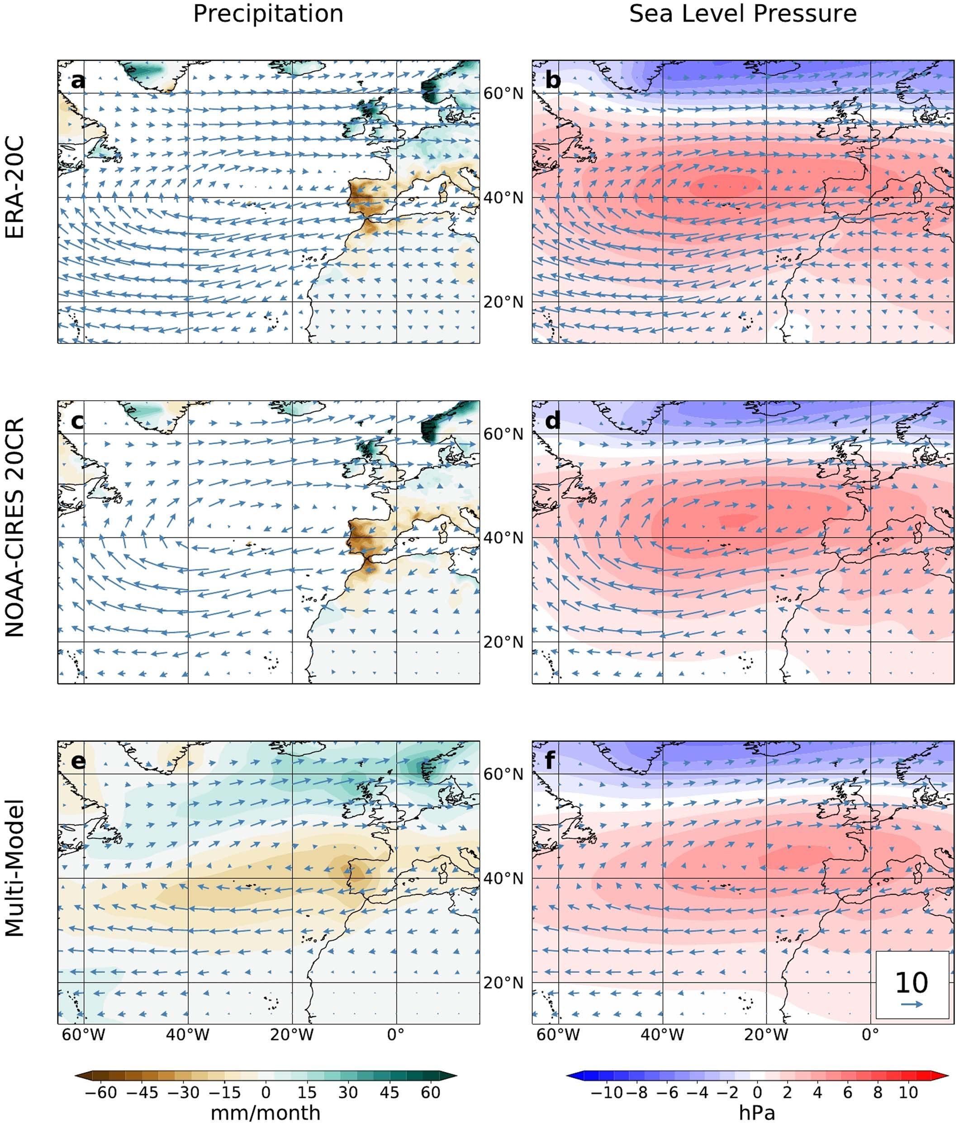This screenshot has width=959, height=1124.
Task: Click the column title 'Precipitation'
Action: tap(268, 14)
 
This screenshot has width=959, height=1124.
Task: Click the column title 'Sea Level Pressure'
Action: tap(742, 14)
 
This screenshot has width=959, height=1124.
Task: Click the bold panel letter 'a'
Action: tap(78, 81)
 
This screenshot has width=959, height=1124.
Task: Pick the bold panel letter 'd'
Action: tap(552, 421)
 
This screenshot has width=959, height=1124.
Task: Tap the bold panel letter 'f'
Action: tap(550, 761)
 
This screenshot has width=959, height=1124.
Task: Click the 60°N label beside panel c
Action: tap(503, 434)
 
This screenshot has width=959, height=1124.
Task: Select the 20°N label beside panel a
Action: tap(503, 301)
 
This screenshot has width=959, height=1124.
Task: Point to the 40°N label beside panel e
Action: tap(503, 878)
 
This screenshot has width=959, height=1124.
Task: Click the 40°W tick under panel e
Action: tap(188, 1034)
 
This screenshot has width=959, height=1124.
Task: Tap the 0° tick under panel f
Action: tap(869, 1034)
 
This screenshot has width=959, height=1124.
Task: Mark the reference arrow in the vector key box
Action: tap(912, 1004)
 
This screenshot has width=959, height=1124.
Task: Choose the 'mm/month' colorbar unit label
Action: tap(265, 1113)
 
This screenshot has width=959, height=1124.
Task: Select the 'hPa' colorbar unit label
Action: tap(757, 1113)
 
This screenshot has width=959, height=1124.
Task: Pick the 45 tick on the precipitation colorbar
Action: tap(389, 1092)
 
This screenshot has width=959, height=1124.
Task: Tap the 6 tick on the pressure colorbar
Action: tap(847, 1092)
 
